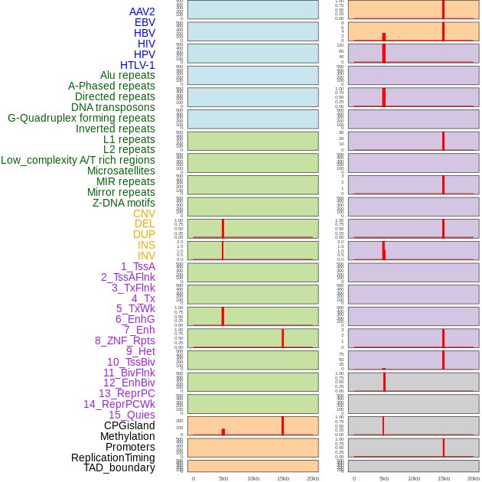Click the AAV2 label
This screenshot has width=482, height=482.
pyautogui.click(x=142, y=11)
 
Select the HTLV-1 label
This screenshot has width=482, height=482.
pyautogui.click(x=137, y=65)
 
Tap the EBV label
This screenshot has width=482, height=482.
pyautogui.click(x=145, y=22)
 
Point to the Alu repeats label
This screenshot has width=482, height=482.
pyautogui.click(x=128, y=75)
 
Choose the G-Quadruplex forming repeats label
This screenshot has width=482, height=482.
pyautogui.click(x=81, y=118)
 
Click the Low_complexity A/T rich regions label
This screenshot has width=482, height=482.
pyautogui.click(x=78, y=160)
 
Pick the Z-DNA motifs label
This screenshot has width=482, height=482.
pyautogui.click(x=124, y=203)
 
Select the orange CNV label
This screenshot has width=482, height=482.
pyautogui.click(x=144, y=213)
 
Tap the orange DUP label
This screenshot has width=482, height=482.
pyautogui.click(x=144, y=234)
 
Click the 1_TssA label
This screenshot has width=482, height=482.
pyautogui.click(x=138, y=266)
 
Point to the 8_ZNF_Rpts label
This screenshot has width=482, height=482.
pyautogui.click(x=125, y=340)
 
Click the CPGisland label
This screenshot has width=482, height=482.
pyautogui.click(x=129, y=425)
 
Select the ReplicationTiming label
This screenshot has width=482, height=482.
pyautogui.click(x=112, y=458)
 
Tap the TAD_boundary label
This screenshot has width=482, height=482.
pyautogui.click(x=119, y=467)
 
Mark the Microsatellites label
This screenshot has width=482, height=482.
pyautogui.click(x=121, y=171)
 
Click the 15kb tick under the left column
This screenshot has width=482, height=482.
pyautogui.click(x=282, y=478)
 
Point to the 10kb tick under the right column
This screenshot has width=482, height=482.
pyautogui.click(x=414, y=478)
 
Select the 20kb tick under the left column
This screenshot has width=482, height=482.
pyautogui.click(x=313, y=478)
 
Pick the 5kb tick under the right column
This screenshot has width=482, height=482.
pyautogui.click(x=384, y=478)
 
